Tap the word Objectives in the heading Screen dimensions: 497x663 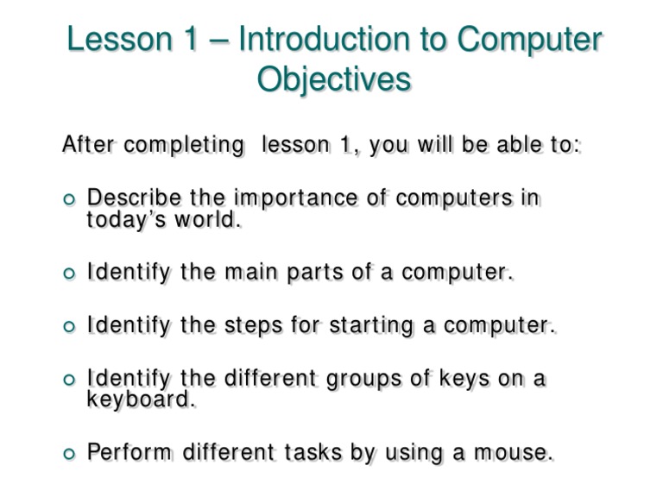tap(333, 79)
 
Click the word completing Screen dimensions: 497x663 tap(184, 146)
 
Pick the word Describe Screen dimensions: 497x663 tap(134, 198)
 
